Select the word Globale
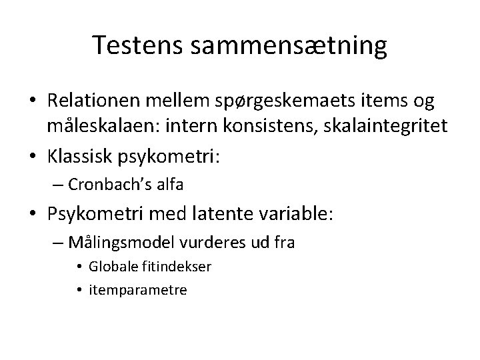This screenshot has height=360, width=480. (115, 267)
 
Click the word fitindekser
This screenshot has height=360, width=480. (174, 267)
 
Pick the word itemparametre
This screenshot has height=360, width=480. (141, 291)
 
